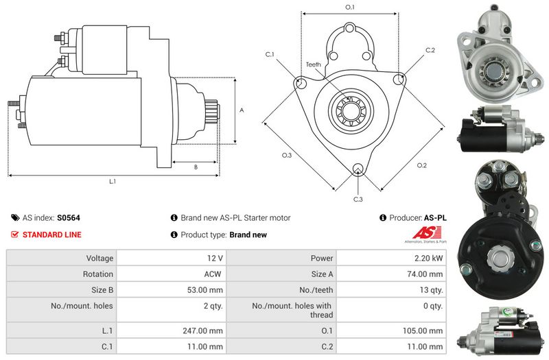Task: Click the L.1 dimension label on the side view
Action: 113,182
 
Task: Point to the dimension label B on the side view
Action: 196,167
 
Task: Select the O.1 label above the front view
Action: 349,7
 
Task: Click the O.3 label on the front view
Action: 287,156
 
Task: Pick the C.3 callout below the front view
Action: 358,199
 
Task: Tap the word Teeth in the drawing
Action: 314,64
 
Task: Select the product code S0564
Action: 69,217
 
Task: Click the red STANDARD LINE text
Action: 52,235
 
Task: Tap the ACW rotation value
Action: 213,274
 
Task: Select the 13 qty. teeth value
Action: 431,290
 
